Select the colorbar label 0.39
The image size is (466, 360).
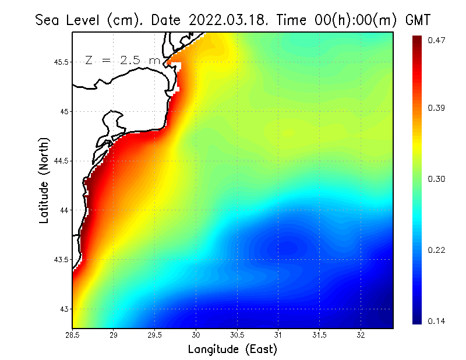point(437,108)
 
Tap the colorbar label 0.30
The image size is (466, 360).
point(437,179)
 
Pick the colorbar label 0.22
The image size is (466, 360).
point(437,250)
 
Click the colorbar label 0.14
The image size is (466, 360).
point(437,321)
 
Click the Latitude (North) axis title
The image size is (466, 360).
point(44,180)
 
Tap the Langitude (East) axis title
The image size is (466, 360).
point(232,349)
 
